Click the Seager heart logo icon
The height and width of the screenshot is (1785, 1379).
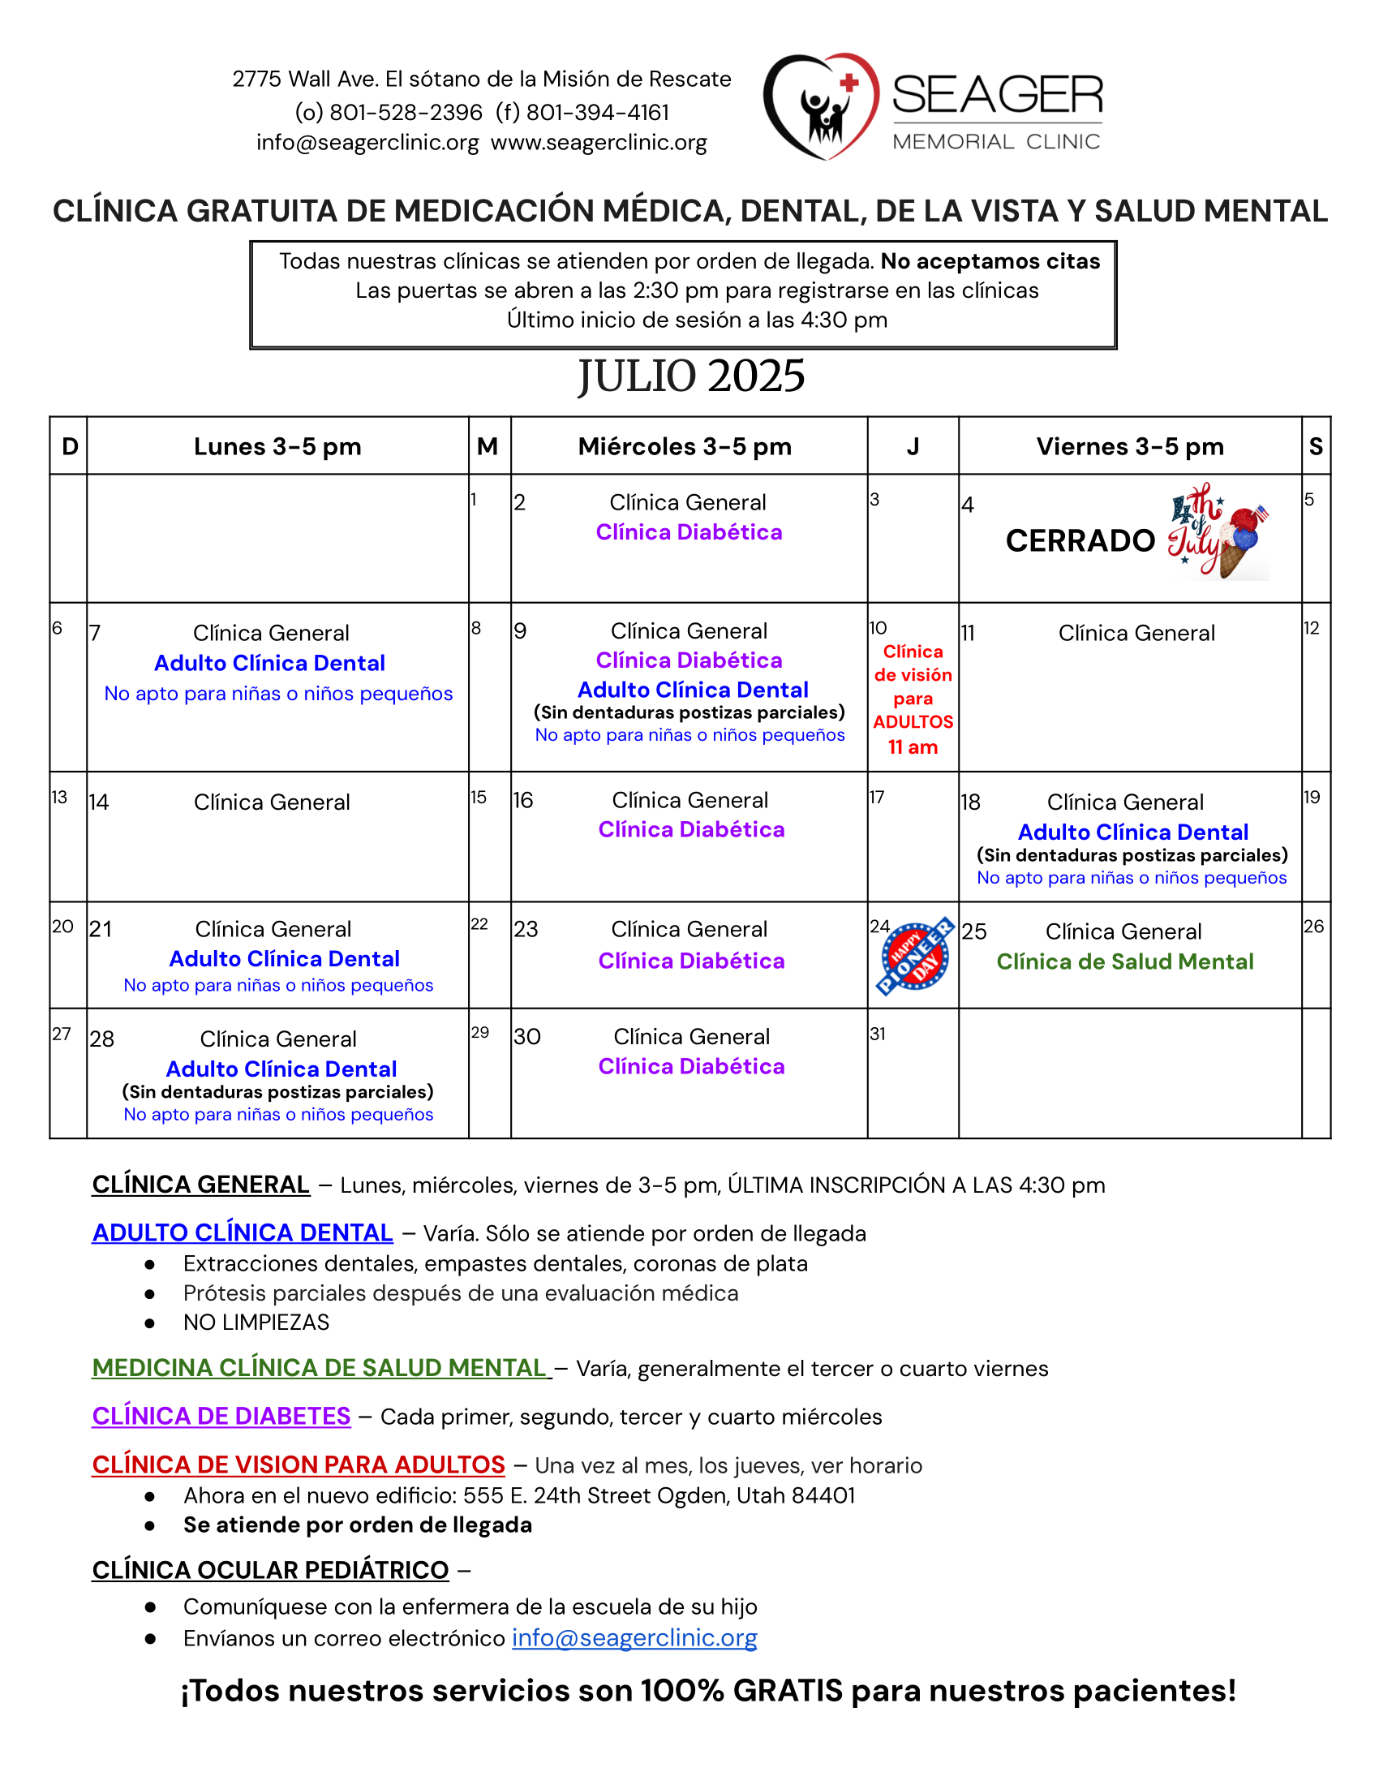[x=820, y=106]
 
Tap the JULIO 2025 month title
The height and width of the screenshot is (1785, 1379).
[x=691, y=376]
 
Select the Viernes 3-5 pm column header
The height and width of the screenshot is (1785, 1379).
[x=1130, y=446]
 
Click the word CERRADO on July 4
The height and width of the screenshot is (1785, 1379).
[x=1080, y=540]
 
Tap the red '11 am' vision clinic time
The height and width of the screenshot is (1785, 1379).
[x=913, y=747]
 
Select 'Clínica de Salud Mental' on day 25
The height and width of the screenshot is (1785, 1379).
[x=1125, y=961]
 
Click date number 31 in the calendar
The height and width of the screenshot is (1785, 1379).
[x=878, y=1034]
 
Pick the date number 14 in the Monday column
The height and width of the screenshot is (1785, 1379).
[x=99, y=802]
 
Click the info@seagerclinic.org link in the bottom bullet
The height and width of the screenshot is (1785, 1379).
[x=634, y=1638]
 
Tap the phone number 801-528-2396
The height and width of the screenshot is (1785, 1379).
[x=406, y=112]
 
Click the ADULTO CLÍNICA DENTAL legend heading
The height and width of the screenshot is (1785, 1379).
[x=242, y=1232]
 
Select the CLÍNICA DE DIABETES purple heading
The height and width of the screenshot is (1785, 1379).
[x=221, y=1416]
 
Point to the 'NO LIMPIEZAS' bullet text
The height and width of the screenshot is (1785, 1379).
[x=256, y=1323]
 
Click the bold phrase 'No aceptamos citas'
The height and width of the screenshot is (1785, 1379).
[x=990, y=261]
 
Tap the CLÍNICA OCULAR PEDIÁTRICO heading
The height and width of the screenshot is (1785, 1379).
[x=270, y=1570]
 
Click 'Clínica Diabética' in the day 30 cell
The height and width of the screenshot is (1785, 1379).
[x=691, y=1066]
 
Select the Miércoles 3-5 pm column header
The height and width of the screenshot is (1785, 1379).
[x=685, y=446]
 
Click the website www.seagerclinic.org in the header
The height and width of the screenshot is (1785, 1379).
[x=599, y=142]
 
